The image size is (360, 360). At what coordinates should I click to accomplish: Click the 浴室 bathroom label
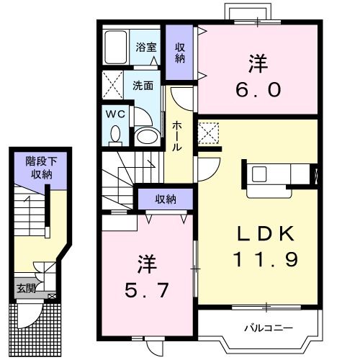[146, 48]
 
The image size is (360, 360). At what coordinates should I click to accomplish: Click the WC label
[116, 113]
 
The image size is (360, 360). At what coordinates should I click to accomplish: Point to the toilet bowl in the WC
[116, 132]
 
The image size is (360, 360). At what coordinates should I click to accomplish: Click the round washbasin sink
[146, 135]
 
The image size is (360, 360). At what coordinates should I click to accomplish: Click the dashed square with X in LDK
[209, 132]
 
